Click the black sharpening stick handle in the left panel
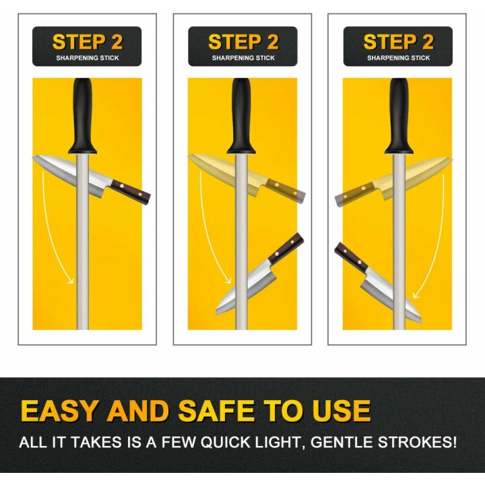tap(83, 116)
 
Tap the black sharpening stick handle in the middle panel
tap(241, 116)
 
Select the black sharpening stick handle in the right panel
tap(399, 116)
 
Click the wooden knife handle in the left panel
tap(131, 192)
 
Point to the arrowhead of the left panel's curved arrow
tap(71, 280)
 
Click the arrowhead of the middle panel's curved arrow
tap(228, 280)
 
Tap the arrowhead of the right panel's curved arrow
tap(416, 293)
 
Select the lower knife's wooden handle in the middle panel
tap(286, 249)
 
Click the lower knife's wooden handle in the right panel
tap(351, 257)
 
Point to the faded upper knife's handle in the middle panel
tap(286, 190)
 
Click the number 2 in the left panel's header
tap(117, 42)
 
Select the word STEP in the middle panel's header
tap(234, 42)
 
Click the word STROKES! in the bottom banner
tap(417, 442)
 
